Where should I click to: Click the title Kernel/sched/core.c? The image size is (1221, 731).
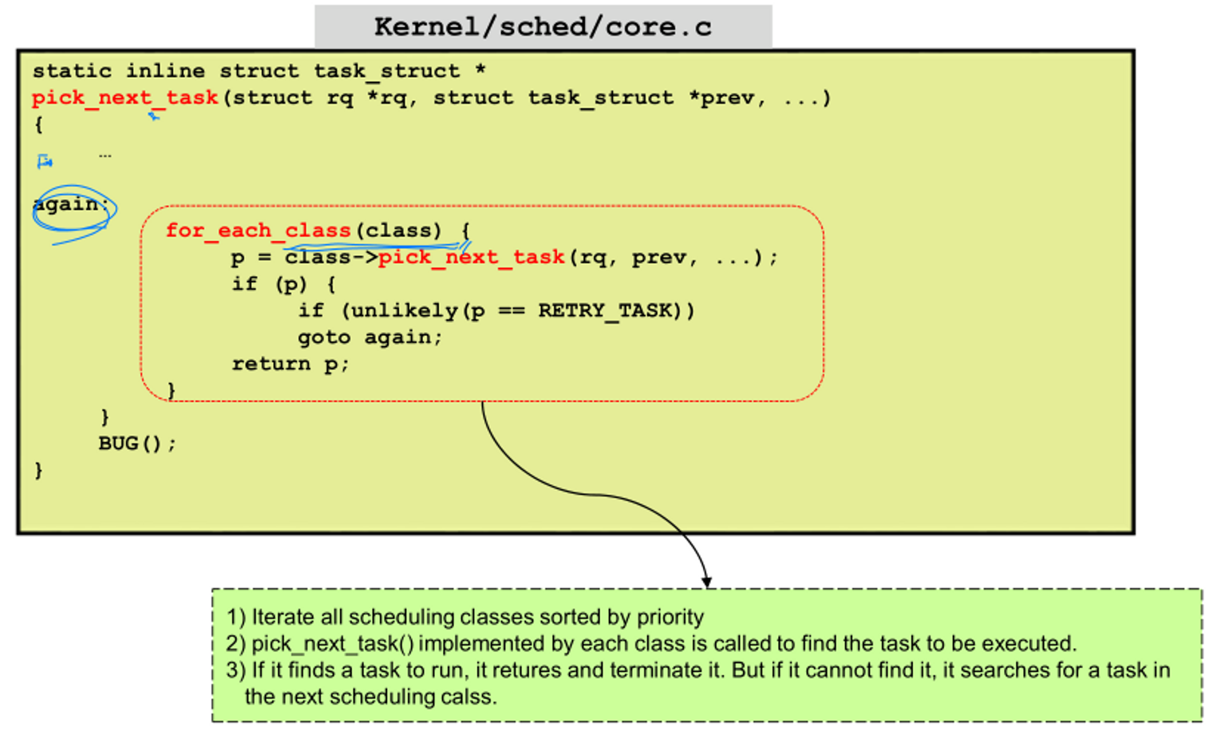click(543, 26)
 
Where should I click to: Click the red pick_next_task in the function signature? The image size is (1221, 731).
click(125, 98)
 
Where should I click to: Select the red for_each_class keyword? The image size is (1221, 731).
click(259, 231)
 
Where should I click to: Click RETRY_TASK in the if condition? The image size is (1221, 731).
click(604, 310)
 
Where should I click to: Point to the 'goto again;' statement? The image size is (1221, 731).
click(369, 338)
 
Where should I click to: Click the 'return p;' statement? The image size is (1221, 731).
click(290, 364)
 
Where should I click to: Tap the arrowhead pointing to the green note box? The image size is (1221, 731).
click(706, 582)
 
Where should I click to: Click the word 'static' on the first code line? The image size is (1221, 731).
click(72, 71)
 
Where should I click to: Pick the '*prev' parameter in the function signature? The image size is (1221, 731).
click(726, 98)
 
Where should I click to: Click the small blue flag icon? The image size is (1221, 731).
click(45, 162)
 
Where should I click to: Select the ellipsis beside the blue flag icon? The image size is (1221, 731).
click(105, 156)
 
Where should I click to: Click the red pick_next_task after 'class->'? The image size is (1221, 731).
click(472, 258)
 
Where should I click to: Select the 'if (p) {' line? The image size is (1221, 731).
click(284, 284)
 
